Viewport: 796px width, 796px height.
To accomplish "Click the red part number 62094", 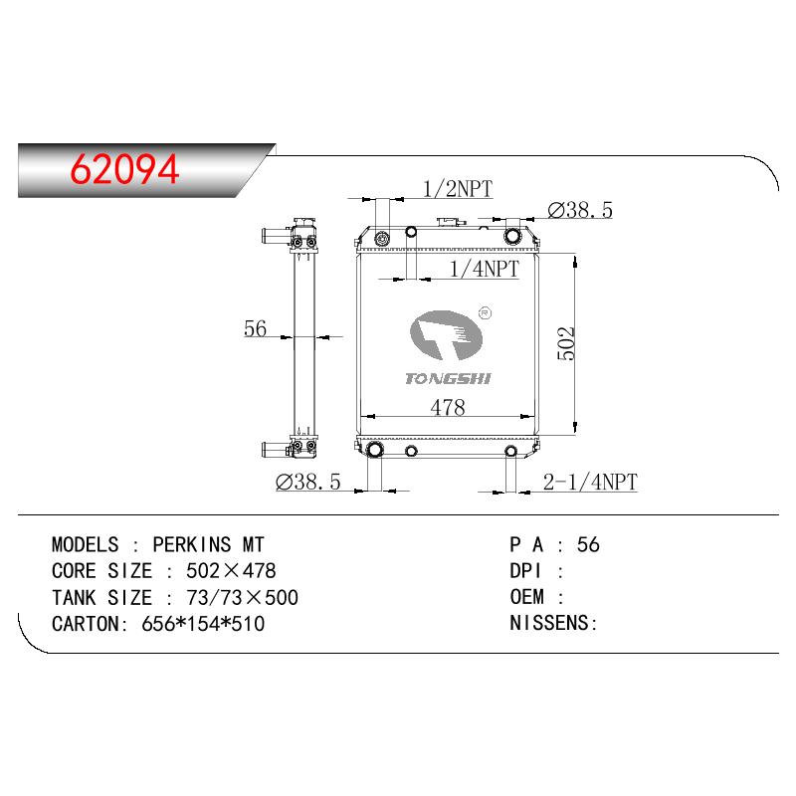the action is tap(124, 169).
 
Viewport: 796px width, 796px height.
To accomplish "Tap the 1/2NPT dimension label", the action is tap(458, 189).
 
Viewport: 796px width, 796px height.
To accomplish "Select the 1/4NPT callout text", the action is tap(485, 269).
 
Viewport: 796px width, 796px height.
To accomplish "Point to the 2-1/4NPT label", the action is tap(590, 482).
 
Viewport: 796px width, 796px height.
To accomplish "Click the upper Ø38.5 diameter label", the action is tap(580, 210).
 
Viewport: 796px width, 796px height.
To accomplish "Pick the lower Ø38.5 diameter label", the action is tap(308, 482).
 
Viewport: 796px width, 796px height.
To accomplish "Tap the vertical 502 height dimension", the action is tap(566, 343).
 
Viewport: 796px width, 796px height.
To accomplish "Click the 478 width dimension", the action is tap(448, 407).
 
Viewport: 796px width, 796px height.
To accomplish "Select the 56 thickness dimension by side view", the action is tap(255, 328).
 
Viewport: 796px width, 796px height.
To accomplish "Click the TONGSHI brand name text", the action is tap(449, 379).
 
